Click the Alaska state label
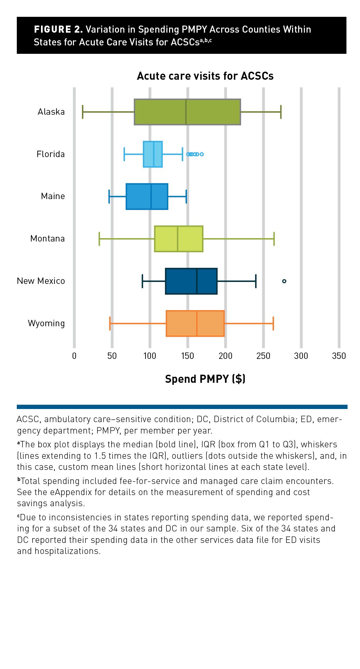coord(51,112)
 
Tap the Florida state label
coord(50,154)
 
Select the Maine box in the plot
coord(147,196)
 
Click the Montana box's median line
coord(178,239)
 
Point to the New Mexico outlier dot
coord(284,281)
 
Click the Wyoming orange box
coord(195,323)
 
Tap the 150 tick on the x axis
coord(188,356)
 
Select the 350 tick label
coord(339,356)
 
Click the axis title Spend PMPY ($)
coord(205,379)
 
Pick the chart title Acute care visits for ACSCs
coord(205,76)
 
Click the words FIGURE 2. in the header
coord(58,30)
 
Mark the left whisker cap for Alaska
coord(83,112)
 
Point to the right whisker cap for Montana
coord(274,239)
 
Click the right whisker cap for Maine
coord(186,196)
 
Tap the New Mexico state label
coord(41,281)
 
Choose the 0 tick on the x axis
coord(74,356)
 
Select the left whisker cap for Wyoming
coord(110,323)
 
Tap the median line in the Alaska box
coord(186,112)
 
